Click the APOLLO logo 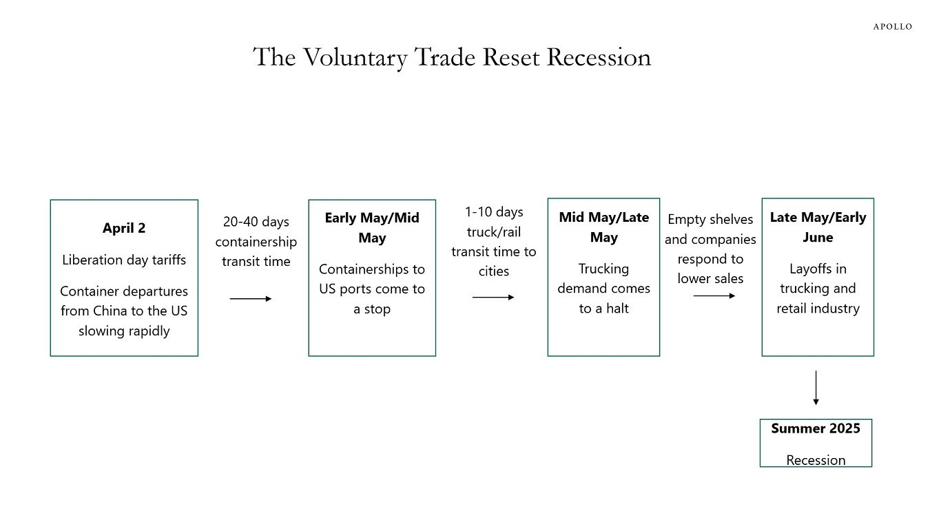pyautogui.click(x=893, y=27)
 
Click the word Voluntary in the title pyautogui.click(x=355, y=57)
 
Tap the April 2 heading pyautogui.click(x=124, y=228)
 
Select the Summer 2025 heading pyautogui.click(x=816, y=428)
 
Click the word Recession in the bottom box pyautogui.click(x=816, y=460)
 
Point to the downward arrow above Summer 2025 pyautogui.click(x=816, y=388)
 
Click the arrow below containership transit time pyautogui.click(x=251, y=299)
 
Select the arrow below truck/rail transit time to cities pyautogui.click(x=493, y=298)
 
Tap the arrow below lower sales pyautogui.click(x=714, y=295)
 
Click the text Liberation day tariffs pyautogui.click(x=124, y=260)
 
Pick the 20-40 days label pyautogui.click(x=256, y=221)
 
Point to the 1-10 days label pyautogui.click(x=494, y=211)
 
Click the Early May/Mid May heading pyautogui.click(x=372, y=228)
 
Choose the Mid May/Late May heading pyautogui.click(x=603, y=227)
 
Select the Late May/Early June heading pyautogui.click(x=818, y=227)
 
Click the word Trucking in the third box pyautogui.click(x=603, y=269)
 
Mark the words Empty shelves pyautogui.click(x=710, y=219)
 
